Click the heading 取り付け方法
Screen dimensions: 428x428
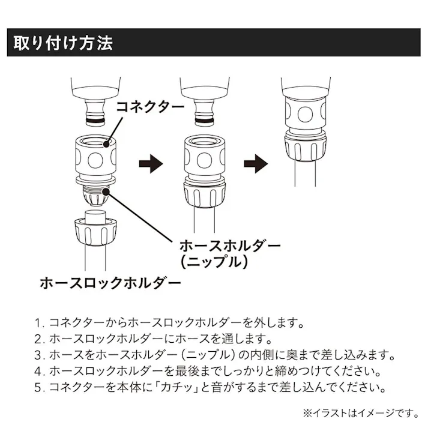pyautogui.click(x=59, y=43)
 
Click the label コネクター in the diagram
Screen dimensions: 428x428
pyautogui.click(x=149, y=107)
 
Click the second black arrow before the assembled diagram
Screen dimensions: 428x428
pyautogui.click(x=255, y=163)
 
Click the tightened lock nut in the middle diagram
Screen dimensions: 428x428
pyautogui.click(x=204, y=194)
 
